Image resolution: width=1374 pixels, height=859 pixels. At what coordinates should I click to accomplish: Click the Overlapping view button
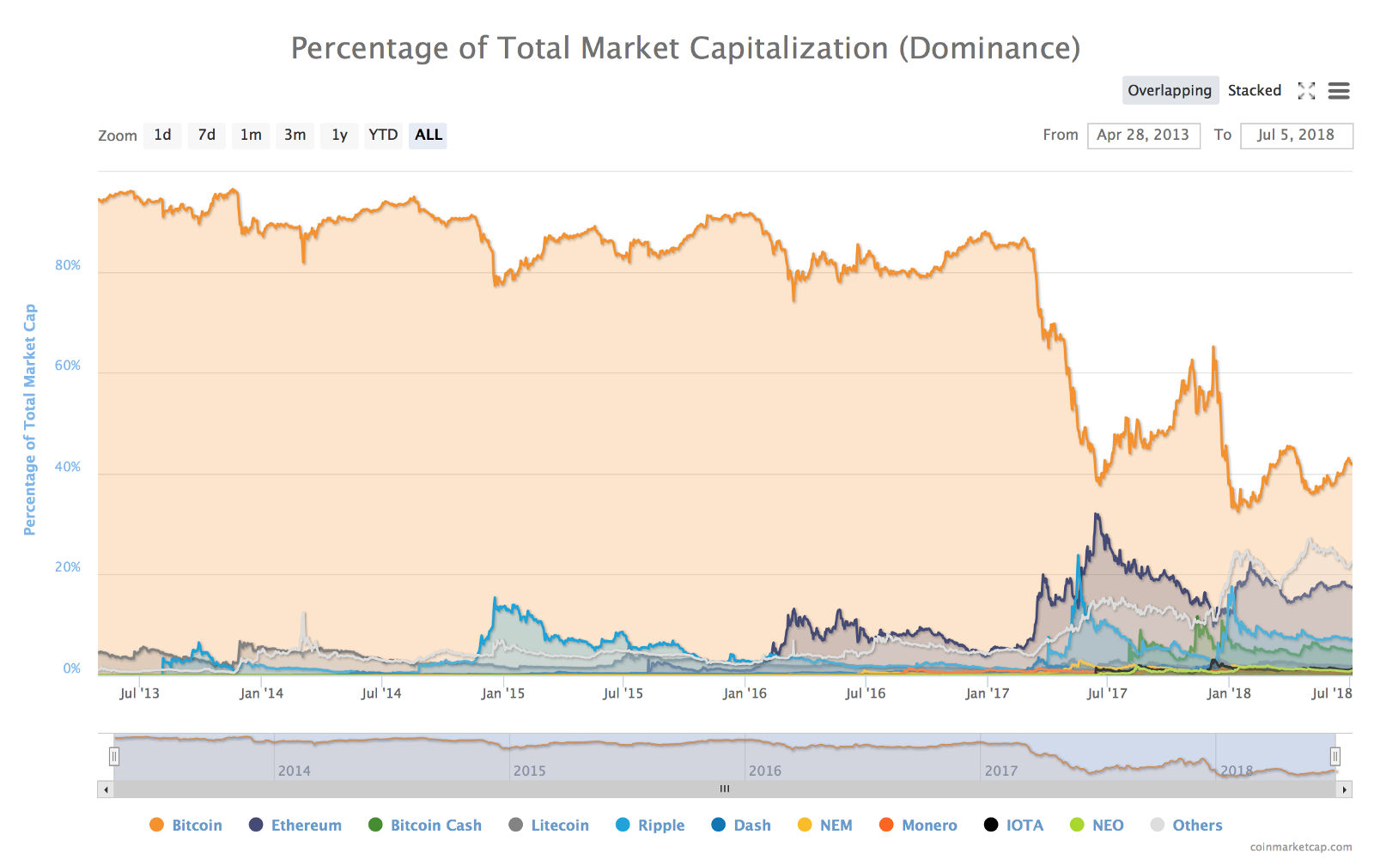click(1170, 90)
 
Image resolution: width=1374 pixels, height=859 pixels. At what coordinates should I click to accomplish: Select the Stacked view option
click(1254, 90)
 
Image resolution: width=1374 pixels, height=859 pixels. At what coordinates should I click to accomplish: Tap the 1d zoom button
click(162, 135)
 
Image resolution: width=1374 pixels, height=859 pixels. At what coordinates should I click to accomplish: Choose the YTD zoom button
click(383, 135)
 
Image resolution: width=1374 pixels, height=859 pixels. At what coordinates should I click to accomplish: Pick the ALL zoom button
click(429, 135)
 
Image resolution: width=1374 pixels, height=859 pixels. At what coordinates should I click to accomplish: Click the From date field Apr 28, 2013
click(1143, 135)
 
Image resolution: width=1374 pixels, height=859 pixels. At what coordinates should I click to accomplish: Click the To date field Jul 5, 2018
click(1296, 135)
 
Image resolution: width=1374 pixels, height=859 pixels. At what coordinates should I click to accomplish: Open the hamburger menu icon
click(1339, 91)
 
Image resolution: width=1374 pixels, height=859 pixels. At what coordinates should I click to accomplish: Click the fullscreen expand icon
click(1306, 91)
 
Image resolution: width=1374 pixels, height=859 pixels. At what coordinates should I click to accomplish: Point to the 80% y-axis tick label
click(68, 265)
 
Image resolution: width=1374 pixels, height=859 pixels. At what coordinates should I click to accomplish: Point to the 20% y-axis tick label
click(68, 567)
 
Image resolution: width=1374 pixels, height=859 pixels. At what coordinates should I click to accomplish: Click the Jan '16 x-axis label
click(745, 693)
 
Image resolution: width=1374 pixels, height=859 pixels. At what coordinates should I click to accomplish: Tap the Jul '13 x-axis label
click(139, 693)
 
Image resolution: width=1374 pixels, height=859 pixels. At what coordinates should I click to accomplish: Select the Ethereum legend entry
click(306, 825)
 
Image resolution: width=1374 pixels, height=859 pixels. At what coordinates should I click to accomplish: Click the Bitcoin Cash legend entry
click(435, 825)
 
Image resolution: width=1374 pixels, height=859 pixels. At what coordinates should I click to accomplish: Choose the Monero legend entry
click(928, 825)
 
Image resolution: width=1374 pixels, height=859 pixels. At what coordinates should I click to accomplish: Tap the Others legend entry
click(1196, 825)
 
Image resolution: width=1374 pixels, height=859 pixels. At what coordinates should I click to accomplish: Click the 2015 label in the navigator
click(530, 771)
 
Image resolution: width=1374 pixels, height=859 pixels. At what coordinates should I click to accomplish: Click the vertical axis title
click(30, 420)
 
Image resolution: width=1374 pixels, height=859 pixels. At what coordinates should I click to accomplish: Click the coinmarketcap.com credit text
click(1300, 847)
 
